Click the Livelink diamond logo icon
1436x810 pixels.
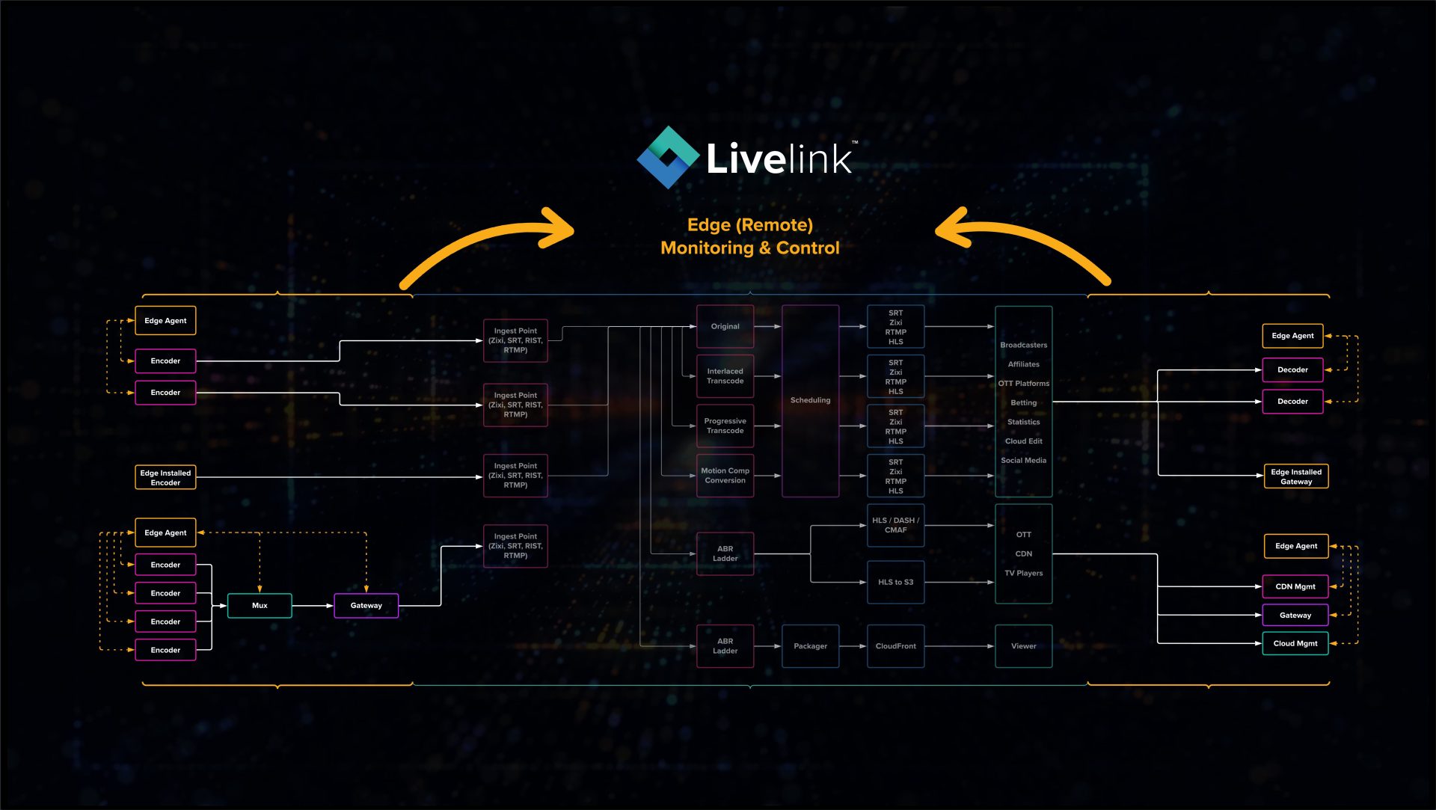(x=668, y=157)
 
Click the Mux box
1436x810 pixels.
(x=260, y=605)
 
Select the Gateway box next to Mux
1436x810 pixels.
(x=366, y=605)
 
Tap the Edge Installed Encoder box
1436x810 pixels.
(x=165, y=477)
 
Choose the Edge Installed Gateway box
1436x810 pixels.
(x=1295, y=476)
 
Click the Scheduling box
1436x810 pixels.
(x=810, y=400)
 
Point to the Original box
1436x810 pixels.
(x=725, y=326)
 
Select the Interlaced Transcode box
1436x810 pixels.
(x=725, y=376)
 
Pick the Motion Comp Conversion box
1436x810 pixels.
(x=725, y=476)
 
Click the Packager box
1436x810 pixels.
(x=810, y=646)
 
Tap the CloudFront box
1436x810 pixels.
(x=895, y=646)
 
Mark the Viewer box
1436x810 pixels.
(x=1023, y=646)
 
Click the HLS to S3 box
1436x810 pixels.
(x=895, y=582)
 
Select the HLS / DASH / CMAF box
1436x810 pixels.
(x=895, y=525)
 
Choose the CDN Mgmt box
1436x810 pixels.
(x=1295, y=586)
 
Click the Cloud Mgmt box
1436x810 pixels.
(x=1295, y=643)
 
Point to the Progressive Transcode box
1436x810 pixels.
(x=725, y=426)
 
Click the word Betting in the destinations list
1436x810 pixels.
(x=1023, y=402)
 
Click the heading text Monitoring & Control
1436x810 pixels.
(x=749, y=248)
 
